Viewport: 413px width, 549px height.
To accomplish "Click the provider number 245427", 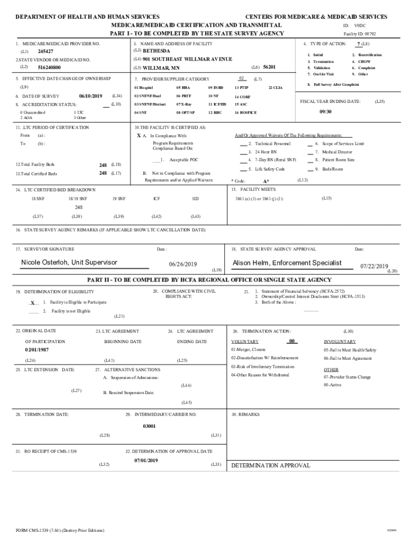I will pos(46,51).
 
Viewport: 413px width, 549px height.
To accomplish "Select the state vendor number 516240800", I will pos(49,68).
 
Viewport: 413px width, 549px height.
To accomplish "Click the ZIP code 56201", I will pos(269,67).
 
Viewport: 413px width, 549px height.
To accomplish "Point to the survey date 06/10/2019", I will pos(90,95).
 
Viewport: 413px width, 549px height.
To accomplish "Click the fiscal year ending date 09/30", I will pos(326,112).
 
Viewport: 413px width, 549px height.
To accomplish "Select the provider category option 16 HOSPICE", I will pos(246,113).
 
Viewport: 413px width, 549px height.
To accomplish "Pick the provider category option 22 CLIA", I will pos(275,87).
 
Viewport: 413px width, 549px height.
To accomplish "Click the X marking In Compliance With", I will pos(139,136).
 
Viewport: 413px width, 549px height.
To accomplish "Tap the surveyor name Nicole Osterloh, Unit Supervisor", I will pos(69,262).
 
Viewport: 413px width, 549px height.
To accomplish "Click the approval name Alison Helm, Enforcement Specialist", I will pos(287,263).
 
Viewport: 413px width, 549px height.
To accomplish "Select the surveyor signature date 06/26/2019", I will pos(183,264).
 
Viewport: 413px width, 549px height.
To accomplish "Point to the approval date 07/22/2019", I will pos(374,266).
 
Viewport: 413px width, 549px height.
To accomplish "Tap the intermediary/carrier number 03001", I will pos(149,426).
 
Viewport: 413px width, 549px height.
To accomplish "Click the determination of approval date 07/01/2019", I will pos(146,461).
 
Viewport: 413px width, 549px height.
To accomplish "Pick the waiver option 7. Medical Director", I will pos(333,152).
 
